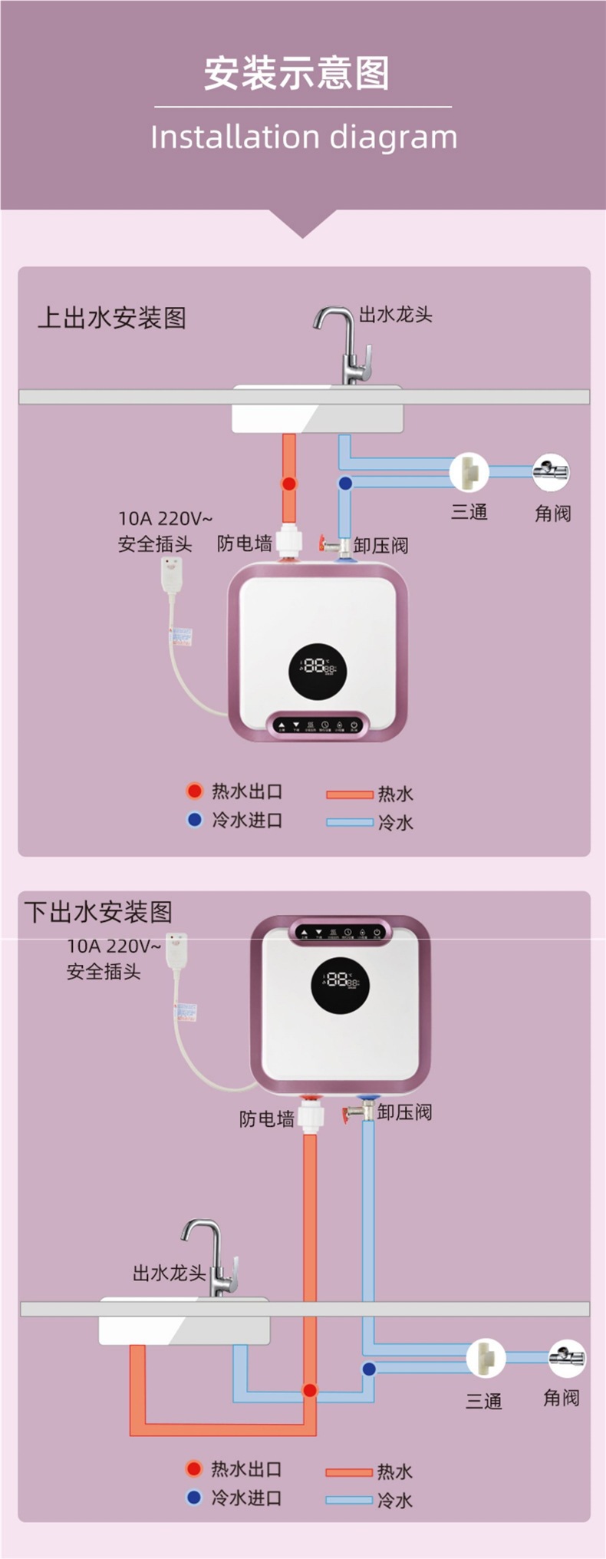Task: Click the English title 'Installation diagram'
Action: click(303, 137)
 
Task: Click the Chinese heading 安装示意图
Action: click(296, 74)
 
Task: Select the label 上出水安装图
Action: click(112, 318)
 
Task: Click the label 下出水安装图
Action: click(98, 912)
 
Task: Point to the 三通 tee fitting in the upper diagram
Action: click(469, 471)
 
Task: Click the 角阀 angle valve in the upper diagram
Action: click(551, 472)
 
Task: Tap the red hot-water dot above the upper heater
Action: click(288, 484)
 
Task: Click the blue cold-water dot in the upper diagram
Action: click(345, 484)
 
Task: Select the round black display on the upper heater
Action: click(318, 666)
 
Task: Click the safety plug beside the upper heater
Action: click(171, 573)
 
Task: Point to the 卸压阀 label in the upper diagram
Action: click(380, 546)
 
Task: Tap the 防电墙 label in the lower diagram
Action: click(266, 1118)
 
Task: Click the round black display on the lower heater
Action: click(340, 981)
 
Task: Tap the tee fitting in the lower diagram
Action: click(486, 1358)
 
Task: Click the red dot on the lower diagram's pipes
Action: click(310, 1390)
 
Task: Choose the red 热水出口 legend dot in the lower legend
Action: click(194, 1468)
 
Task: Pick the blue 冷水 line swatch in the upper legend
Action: click(350, 822)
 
